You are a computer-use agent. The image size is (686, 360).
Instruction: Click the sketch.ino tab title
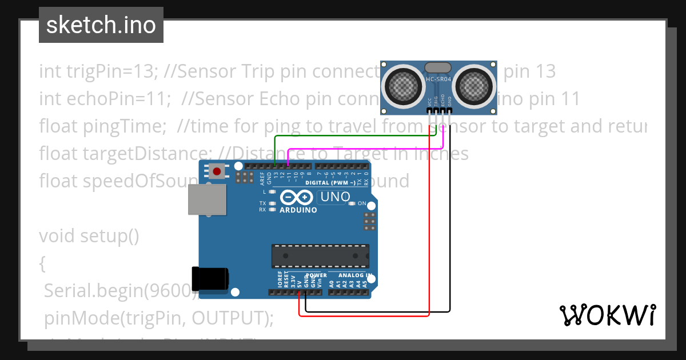[x=101, y=25]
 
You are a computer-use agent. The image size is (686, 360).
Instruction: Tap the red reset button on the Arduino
[x=217, y=170]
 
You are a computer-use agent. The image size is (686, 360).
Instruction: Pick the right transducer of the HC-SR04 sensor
[x=473, y=86]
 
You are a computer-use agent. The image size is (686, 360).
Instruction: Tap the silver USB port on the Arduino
[x=206, y=199]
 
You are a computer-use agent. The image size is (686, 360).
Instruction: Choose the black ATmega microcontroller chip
[x=320, y=256]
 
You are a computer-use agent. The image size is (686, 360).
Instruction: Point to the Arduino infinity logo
[x=297, y=198]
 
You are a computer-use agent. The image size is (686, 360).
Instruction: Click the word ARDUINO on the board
[x=298, y=210]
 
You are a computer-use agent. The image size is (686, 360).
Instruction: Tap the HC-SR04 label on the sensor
[x=438, y=79]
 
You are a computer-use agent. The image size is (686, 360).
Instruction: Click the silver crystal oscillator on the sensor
[x=438, y=68]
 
